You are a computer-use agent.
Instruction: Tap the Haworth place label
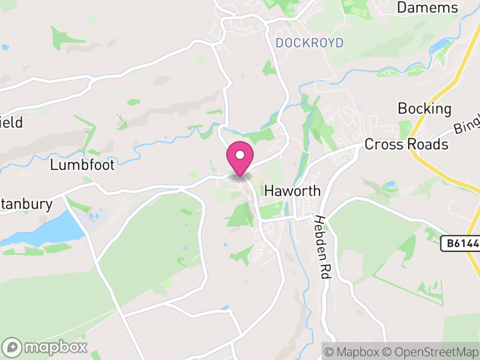[x=292, y=191]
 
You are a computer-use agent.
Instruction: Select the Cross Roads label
[x=406, y=145]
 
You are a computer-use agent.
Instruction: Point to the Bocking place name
[x=424, y=109]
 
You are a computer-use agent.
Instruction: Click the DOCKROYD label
[x=310, y=43]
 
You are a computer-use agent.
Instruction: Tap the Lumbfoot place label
[x=82, y=165]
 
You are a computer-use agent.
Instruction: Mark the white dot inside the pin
[x=240, y=155]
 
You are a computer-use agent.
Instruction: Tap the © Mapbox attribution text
[x=356, y=352]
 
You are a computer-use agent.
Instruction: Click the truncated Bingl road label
[x=466, y=124]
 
